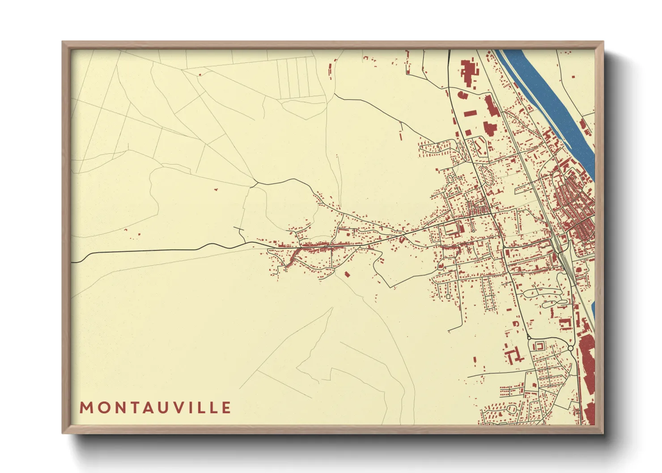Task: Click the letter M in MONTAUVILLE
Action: (x=86, y=408)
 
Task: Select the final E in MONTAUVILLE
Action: (x=226, y=408)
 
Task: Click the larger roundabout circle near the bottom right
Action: (x=570, y=348)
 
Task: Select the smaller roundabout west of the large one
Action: (x=529, y=338)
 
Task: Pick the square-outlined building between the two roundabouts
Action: (x=539, y=346)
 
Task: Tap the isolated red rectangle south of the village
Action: (x=347, y=274)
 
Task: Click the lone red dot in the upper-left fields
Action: (x=199, y=74)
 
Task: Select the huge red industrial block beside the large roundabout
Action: (x=586, y=358)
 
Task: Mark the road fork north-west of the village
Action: (x=255, y=183)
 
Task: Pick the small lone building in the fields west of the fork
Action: (x=216, y=190)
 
